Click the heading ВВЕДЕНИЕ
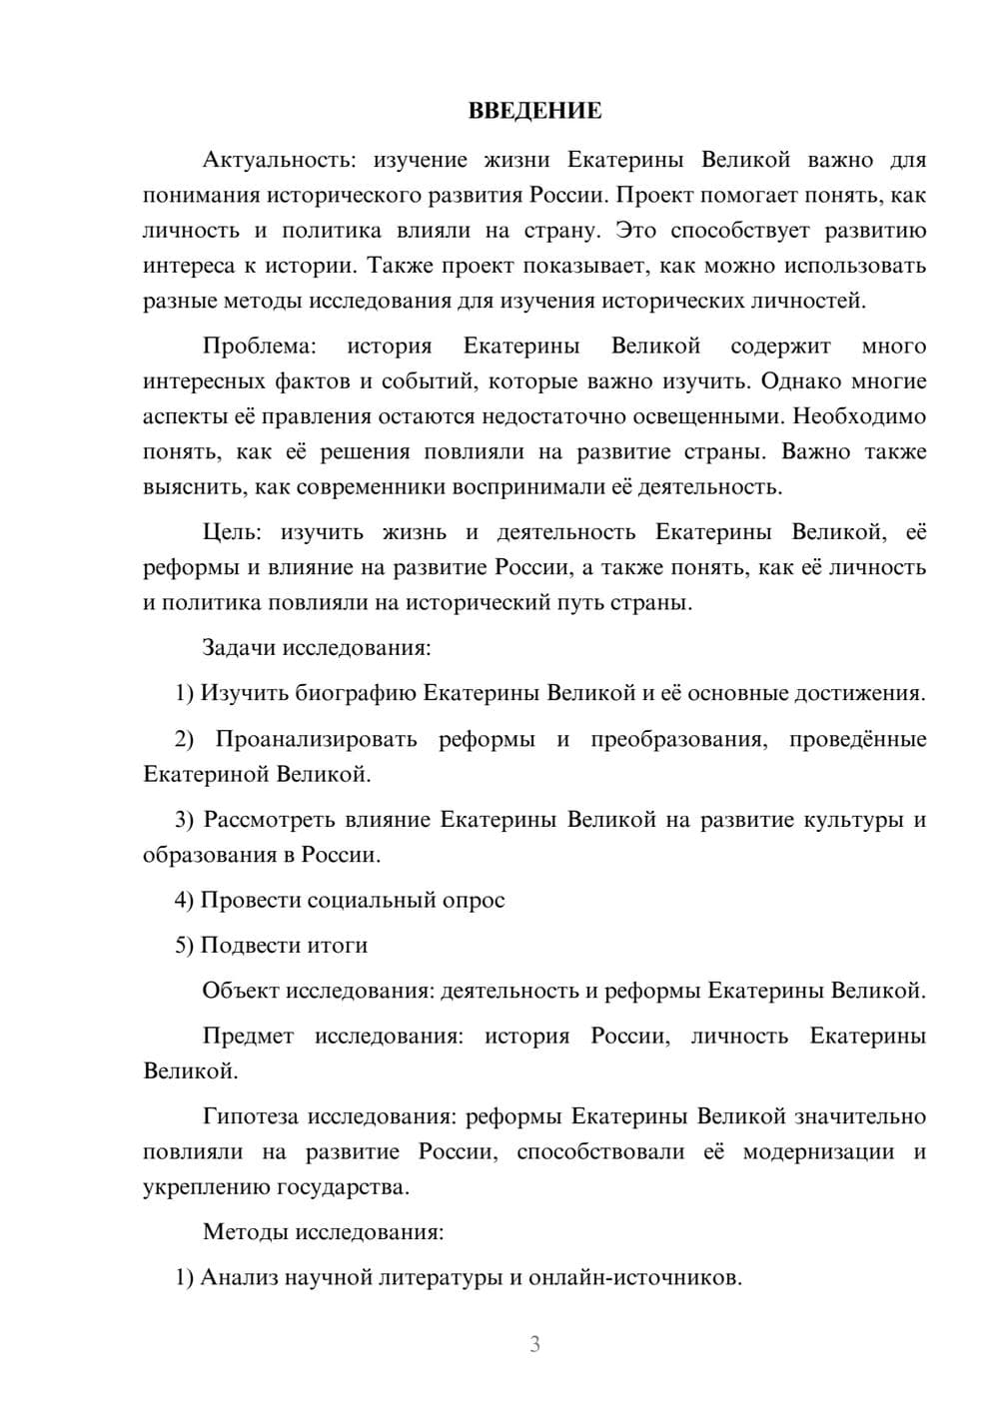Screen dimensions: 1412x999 click(x=534, y=111)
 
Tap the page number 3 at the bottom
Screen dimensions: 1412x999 click(x=534, y=1344)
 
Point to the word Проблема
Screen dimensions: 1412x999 click(x=259, y=347)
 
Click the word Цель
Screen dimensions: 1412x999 click(x=231, y=532)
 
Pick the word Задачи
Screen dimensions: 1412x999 click(x=239, y=647)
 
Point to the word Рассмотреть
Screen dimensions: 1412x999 click(x=270, y=820)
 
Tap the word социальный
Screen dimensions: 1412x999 click(x=368, y=900)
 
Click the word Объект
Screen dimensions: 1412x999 click(x=241, y=991)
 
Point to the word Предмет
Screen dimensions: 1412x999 click(x=248, y=1036)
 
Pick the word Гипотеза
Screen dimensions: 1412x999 click(x=251, y=1116)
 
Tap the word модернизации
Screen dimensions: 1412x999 click(x=818, y=1151)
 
